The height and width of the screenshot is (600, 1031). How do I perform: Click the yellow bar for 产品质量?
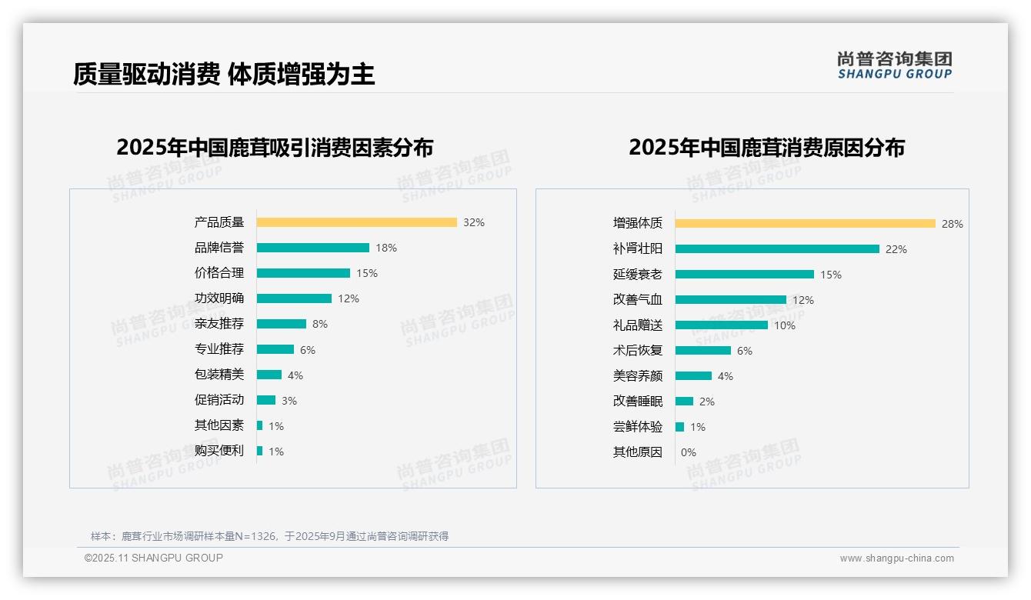click(x=356, y=222)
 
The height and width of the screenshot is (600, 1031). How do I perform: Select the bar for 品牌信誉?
click(x=312, y=248)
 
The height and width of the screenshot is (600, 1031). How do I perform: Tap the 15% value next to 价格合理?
click(x=367, y=273)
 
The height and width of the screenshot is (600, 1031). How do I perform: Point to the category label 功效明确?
click(x=219, y=298)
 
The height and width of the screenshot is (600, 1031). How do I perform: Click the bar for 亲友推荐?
click(x=281, y=324)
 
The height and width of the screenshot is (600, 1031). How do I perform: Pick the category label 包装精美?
click(x=219, y=375)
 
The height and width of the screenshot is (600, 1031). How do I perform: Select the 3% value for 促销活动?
click(x=289, y=401)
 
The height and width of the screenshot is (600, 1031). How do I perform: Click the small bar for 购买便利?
click(x=260, y=451)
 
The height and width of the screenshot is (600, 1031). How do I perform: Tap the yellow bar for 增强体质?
click(x=805, y=224)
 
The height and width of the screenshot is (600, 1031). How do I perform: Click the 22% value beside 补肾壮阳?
click(x=896, y=249)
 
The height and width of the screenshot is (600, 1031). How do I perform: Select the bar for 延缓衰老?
click(x=744, y=275)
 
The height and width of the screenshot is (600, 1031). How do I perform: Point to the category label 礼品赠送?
click(x=637, y=325)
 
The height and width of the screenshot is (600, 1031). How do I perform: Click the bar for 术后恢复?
click(x=702, y=351)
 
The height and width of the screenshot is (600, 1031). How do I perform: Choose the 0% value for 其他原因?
click(x=689, y=452)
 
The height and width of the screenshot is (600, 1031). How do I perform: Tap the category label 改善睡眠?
click(x=637, y=402)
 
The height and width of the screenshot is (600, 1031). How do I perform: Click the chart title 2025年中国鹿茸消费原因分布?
click(x=766, y=148)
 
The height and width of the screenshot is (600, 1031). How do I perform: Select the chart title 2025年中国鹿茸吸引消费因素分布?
click(x=275, y=148)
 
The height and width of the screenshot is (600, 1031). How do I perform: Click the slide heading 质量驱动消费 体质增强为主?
click(x=224, y=74)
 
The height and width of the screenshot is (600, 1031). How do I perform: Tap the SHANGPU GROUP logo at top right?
click(x=894, y=65)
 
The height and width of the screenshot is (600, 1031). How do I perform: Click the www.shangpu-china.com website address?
click(x=896, y=558)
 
